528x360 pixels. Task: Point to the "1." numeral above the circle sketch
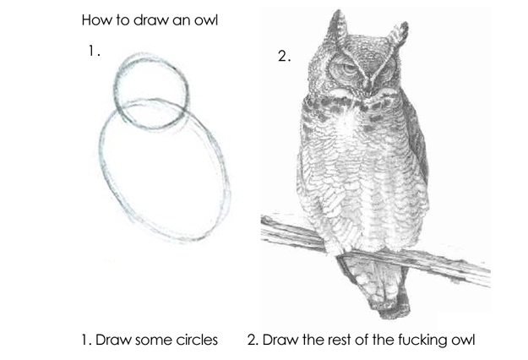pyautogui.click(x=95, y=51)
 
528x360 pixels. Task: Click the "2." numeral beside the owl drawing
pyautogui.click(x=285, y=56)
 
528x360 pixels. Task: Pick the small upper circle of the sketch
pyautogui.click(x=116, y=91)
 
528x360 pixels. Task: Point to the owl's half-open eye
pyautogui.click(x=346, y=69)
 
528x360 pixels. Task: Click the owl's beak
pyautogui.click(x=368, y=87)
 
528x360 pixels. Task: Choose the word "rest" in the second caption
pyautogui.click(x=339, y=340)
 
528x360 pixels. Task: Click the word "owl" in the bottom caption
pyautogui.click(x=463, y=340)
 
